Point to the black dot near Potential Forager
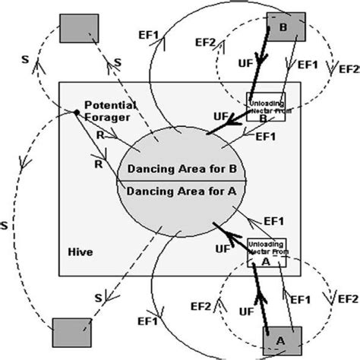[x=77, y=113]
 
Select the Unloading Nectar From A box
[x=267, y=251]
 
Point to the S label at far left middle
[x=5, y=226]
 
